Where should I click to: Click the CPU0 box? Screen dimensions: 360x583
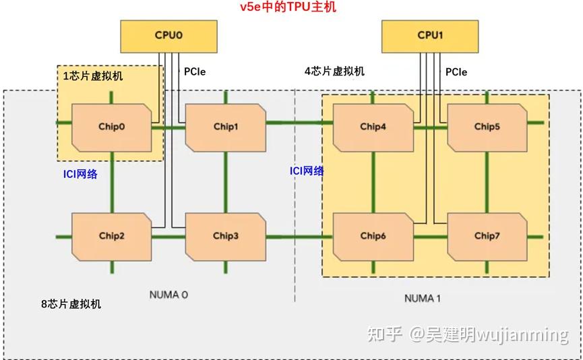tap(168, 36)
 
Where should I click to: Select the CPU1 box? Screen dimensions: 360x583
tap(429, 36)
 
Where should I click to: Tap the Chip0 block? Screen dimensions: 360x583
tap(111, 127)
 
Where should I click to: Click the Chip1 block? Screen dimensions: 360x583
tap(225, 127)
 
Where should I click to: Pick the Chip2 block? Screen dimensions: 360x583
tap(111, 236)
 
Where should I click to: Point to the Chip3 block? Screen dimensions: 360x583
tap(225, 236)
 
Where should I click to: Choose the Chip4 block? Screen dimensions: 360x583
tap(373, 127)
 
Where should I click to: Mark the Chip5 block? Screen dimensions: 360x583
tap(486, 127)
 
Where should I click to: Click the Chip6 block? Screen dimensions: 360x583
tap(373, 236)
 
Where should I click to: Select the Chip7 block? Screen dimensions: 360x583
tap(486, 236)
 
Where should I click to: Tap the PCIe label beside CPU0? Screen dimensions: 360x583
tap(195, 71)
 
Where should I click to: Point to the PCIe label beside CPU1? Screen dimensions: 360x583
tap(456, 71)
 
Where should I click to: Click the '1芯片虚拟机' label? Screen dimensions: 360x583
tap(93, 76)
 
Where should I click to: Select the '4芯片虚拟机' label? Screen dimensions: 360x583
tap(334, 71)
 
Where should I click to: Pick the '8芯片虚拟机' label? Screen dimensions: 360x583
tap(71, 304)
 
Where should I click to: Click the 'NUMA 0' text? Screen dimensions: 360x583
tap(169, 295)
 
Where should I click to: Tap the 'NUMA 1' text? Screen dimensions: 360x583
tap(423, 298)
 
